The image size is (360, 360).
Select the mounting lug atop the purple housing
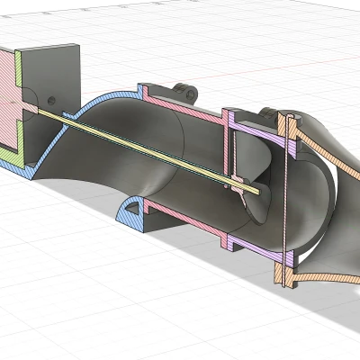tap(266, 112)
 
